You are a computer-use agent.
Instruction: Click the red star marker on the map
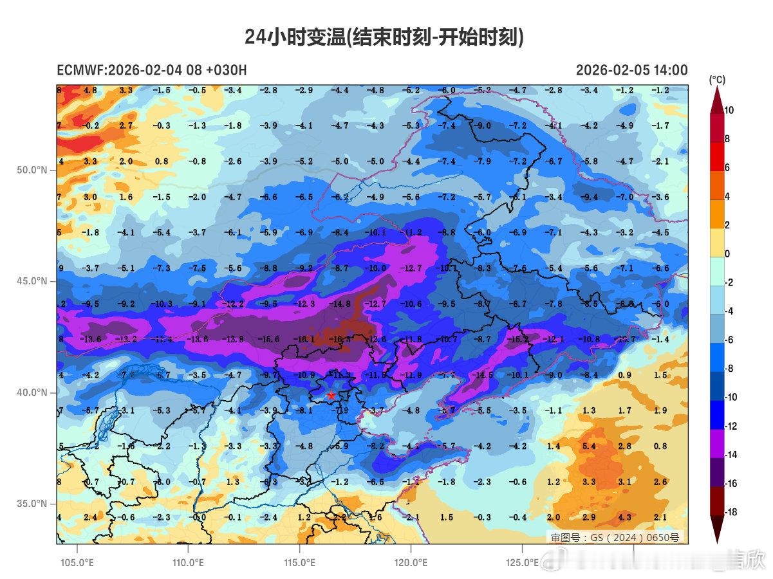331,396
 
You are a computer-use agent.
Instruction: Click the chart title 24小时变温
384,37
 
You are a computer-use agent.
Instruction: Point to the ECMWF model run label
151,71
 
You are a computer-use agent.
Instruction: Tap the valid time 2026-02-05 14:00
631,71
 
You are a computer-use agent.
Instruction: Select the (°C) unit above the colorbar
717,80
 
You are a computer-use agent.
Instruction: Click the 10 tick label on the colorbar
729,110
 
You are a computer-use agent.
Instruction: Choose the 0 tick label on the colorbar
727,254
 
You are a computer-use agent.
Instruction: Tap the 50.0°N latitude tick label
32,170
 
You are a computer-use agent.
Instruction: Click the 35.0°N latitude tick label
32,504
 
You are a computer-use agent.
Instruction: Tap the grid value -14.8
340,304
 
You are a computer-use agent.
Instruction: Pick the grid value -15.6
268,339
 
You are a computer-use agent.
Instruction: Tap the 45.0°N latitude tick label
32,281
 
